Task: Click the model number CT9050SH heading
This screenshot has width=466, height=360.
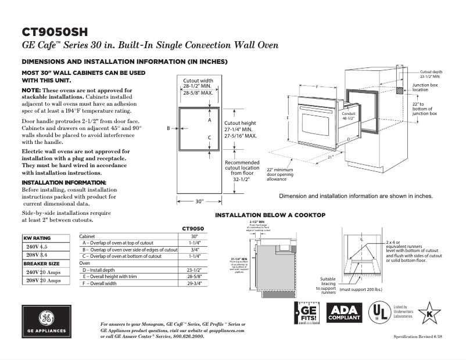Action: (x=55, y=31)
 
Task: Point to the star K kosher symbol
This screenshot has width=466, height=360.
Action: (x=429, y=313)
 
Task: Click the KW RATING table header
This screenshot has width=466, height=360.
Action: (x=37, y=239)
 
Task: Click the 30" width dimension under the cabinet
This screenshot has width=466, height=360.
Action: (x=199, y=201)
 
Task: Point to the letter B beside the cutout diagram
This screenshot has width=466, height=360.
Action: (x=168, y=128)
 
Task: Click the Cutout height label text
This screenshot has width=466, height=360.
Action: (x=240, y=123)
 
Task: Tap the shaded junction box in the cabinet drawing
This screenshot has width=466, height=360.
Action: (x=400, y=91)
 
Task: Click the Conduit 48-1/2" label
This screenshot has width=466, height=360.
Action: (x=349, y=115)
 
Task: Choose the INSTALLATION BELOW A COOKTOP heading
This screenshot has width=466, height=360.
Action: (x=270, y=215)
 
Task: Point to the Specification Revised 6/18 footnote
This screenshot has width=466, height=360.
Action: (x=414, y=337)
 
